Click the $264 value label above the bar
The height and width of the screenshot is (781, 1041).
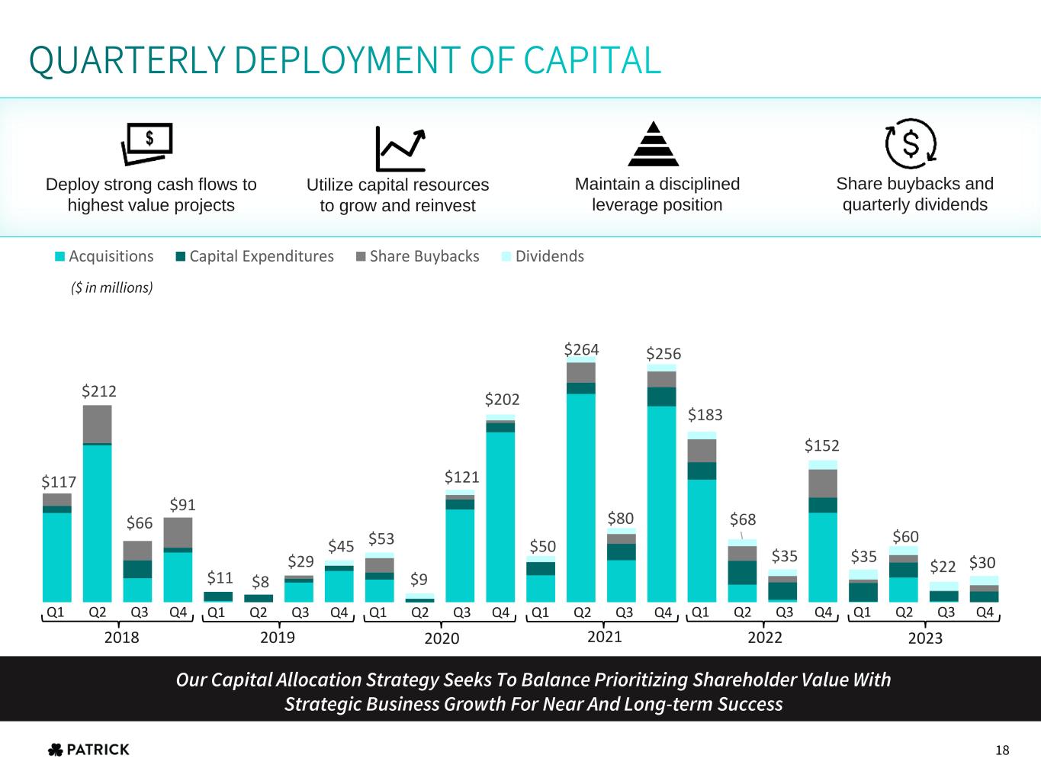coord(581,349)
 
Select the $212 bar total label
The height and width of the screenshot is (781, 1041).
coord(99,391)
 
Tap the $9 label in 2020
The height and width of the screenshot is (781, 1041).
coord(419,580)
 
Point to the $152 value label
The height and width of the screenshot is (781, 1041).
coord(822,445)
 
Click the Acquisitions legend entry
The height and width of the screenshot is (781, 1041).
coord(104,256)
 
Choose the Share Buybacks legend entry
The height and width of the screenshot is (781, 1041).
coord(417,256)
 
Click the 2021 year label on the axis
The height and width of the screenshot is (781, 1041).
coord(605,636)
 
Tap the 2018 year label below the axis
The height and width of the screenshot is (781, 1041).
coord(121,637)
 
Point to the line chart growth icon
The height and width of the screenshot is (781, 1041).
coord(400,148)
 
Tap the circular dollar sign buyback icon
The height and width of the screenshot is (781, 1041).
coord(911,143)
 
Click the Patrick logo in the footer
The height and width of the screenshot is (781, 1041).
coord(88,750)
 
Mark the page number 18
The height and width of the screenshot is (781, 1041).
coord(1002,750)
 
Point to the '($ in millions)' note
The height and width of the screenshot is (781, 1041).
coord(112,288)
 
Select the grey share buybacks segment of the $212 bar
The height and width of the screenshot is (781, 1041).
coord(98,424)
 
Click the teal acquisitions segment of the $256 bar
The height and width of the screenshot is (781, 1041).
coord(661,503)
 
